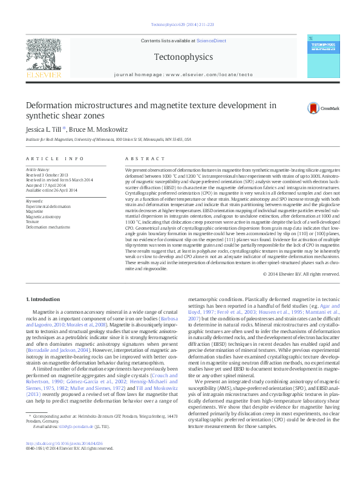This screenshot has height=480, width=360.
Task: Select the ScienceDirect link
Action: click(211, 41)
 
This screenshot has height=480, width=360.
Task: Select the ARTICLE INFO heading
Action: click(55, 158)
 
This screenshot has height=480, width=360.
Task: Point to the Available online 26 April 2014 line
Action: click(51, 190)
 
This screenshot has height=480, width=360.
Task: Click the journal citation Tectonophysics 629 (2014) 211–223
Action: click(179, 25)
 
